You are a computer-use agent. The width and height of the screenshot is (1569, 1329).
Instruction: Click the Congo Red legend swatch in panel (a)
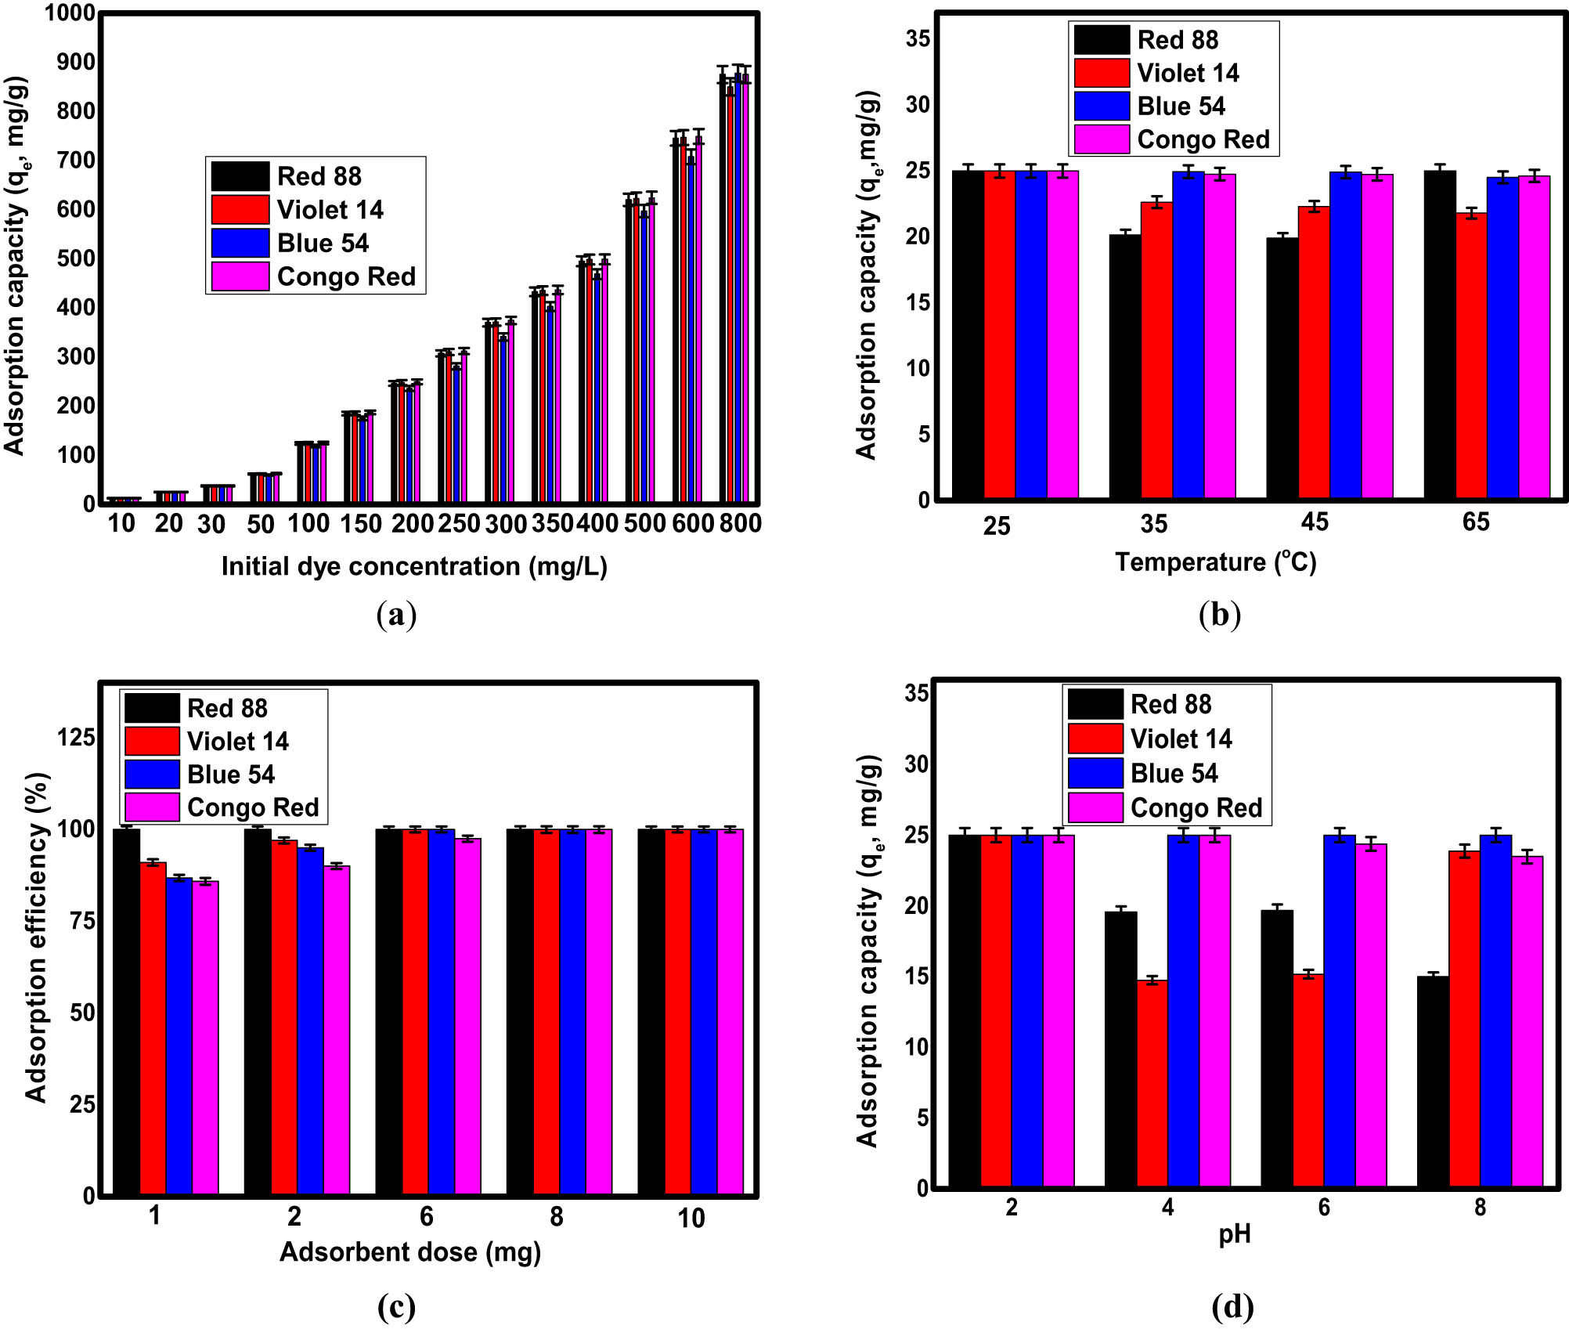pos(240,277)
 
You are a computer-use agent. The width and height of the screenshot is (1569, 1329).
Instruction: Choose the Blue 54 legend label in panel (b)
pos(1181,107)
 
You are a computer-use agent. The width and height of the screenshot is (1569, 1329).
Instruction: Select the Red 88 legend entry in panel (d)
pos(1170,704)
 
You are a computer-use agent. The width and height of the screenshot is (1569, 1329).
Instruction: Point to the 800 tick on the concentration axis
pos(740,523)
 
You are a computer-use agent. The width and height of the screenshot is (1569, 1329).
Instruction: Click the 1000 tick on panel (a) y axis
pos(69,13)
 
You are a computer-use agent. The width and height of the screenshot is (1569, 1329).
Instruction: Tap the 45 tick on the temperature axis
pos(1315,522)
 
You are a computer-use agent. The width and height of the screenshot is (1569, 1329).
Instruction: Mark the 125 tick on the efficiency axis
pos(76,737)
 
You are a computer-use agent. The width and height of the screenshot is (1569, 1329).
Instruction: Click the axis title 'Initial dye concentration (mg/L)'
pos(414,566)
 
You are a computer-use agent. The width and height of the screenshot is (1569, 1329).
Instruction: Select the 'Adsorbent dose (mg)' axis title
pos(410,1252)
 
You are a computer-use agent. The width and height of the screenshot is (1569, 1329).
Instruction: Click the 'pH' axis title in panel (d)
pos(1235,1235)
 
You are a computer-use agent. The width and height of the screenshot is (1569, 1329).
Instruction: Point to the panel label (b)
pos(1220,615)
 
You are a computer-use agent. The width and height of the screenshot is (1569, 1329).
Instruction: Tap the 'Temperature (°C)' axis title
pos(1215,562)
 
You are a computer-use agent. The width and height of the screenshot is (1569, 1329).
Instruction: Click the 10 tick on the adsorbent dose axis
pos(691,1218)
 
